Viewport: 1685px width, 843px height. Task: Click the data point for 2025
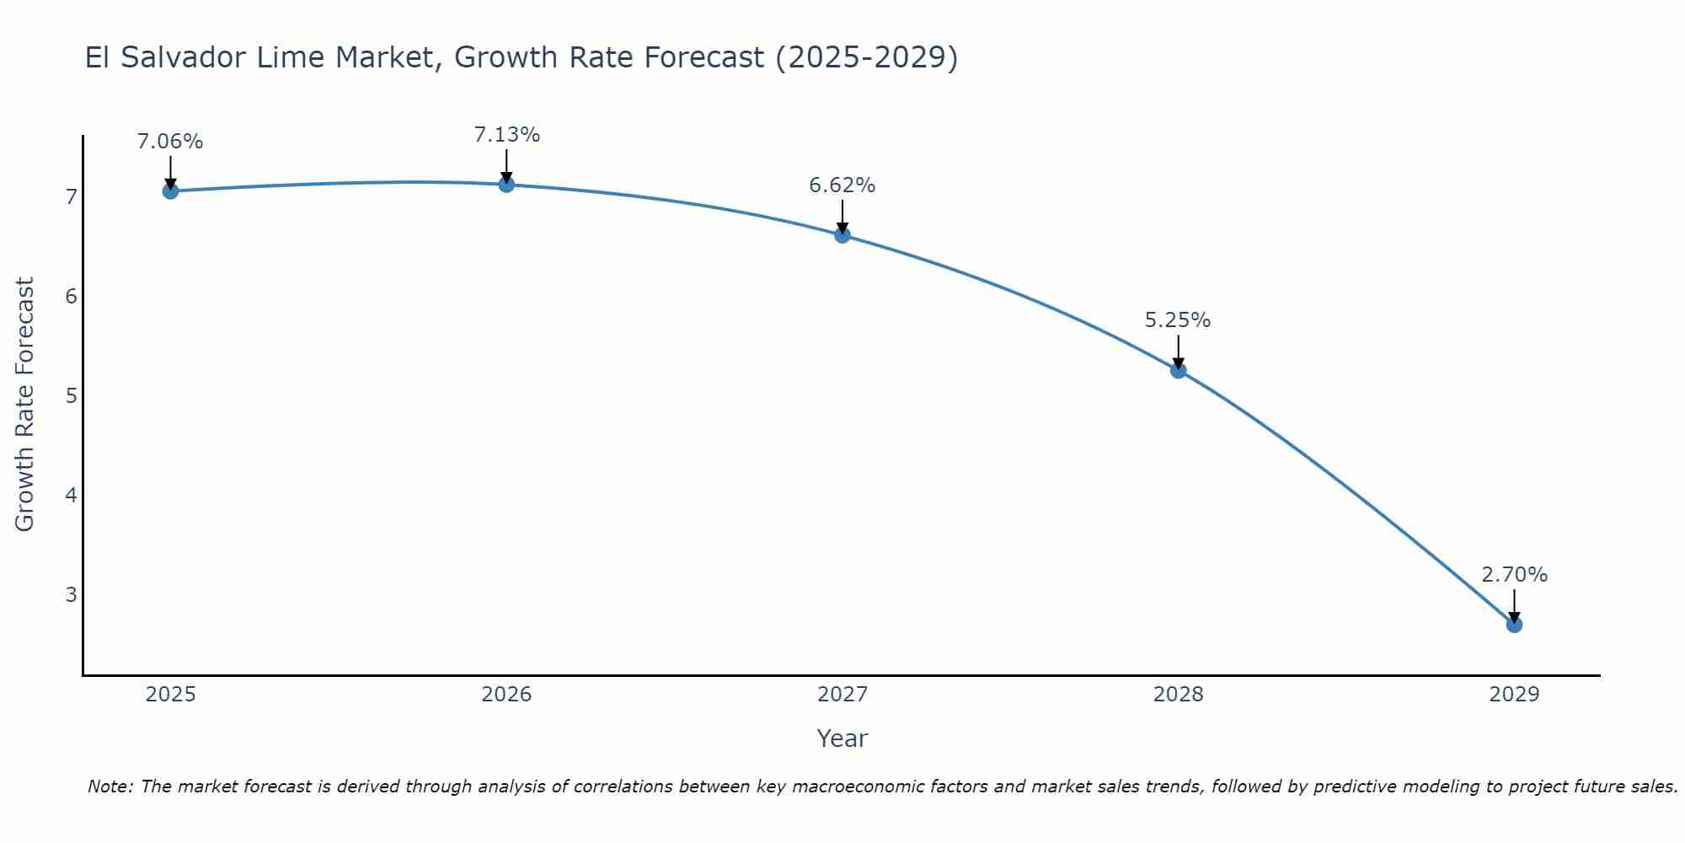(x=170, y=191)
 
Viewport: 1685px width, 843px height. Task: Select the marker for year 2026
(x=506, y=185)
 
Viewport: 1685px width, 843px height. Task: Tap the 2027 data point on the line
(x=842, y=235)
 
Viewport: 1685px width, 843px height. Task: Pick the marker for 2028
(x=1178, y=371)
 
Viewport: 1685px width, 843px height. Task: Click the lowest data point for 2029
(x=1514, y=625)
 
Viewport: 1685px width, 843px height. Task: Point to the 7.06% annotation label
(x=170, y=142)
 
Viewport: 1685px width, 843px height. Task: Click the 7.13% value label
(x=506, y=135)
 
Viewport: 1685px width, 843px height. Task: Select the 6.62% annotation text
(x=842, y=185)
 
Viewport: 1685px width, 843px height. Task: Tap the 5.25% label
(x=1178, y=320)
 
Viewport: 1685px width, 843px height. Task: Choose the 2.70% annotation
(x=1514, y=575)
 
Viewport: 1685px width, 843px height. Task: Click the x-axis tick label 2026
(x=506, y=695)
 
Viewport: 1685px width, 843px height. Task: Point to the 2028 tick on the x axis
(x=1178, y=695)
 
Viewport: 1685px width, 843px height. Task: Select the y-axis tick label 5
(x=71, y=395)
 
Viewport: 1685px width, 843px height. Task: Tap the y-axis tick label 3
(x=71, y=594)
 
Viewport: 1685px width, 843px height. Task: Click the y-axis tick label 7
(x=71, y=197)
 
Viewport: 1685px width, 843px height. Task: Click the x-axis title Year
(x=842, y=738)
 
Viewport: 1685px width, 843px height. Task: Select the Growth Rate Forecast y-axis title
(x=25, y=405)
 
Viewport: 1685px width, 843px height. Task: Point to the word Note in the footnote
(x=110, y=787)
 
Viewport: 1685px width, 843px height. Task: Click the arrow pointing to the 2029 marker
(x=1514, y=605)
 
